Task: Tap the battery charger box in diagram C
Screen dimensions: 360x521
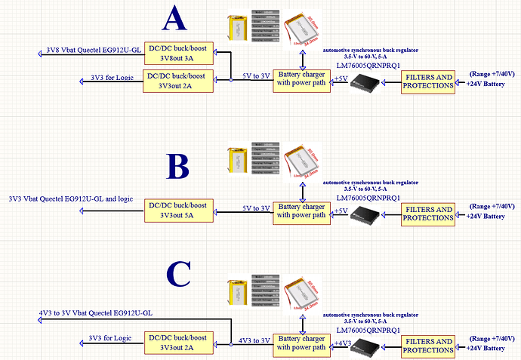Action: [302, 343]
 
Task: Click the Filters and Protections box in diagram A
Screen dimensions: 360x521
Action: [427, 81]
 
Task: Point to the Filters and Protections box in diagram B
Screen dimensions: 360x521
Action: [427, 214]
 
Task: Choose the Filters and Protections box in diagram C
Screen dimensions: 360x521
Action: [427, 344]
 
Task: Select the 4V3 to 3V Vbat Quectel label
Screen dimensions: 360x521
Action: [96, 312]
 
